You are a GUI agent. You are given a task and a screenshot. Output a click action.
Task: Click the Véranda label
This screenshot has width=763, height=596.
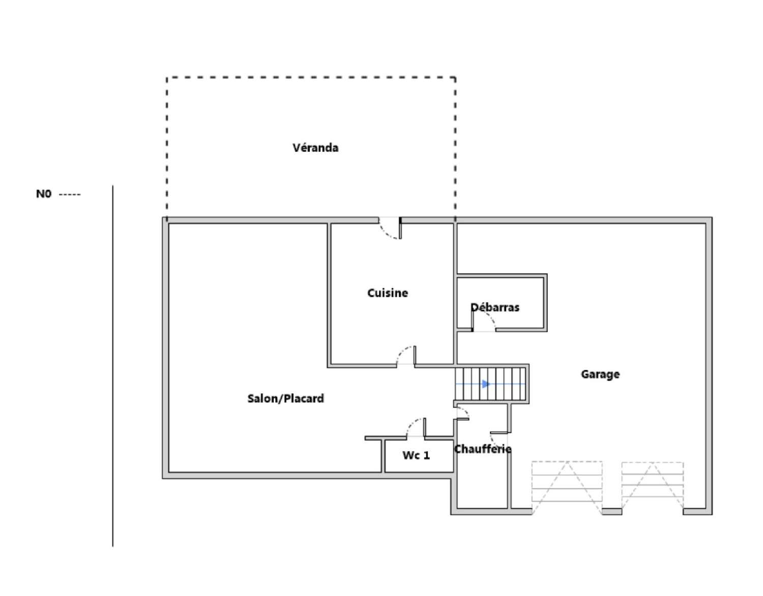(315, 148)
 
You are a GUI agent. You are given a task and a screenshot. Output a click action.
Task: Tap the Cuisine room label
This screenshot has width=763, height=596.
(387, 293)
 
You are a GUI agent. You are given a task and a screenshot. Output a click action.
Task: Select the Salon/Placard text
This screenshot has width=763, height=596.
(285, 399)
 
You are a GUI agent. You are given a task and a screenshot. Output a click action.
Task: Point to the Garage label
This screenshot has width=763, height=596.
(600, 375)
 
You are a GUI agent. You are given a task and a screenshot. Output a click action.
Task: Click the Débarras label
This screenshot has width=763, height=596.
(495, 307)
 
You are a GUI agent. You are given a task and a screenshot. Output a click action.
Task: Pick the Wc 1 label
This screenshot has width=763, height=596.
(416, 455)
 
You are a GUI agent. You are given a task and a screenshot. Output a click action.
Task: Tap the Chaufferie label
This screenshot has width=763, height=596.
(482, 449)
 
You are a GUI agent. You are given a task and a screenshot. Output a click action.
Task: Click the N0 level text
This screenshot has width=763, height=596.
(44, 194)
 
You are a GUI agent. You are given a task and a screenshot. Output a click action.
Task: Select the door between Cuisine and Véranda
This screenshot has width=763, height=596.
(390, 229)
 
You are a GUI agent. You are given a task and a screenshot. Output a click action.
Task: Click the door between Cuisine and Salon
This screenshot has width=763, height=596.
(406, 356)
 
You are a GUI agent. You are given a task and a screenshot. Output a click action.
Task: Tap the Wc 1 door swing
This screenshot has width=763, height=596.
(416, 428)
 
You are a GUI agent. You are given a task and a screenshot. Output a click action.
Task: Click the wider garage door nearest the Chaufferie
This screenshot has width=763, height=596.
(567, 488)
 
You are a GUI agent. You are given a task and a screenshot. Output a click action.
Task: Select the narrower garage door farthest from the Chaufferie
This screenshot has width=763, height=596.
(653, 489)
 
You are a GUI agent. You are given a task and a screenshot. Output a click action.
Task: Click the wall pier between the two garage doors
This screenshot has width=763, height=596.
(612, 512)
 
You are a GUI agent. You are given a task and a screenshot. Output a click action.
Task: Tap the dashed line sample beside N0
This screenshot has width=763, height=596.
(70, 194)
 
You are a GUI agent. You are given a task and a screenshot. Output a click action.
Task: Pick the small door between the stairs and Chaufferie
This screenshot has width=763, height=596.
(462, 413)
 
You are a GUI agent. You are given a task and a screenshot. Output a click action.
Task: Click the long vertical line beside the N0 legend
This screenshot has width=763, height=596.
(113, 366)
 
